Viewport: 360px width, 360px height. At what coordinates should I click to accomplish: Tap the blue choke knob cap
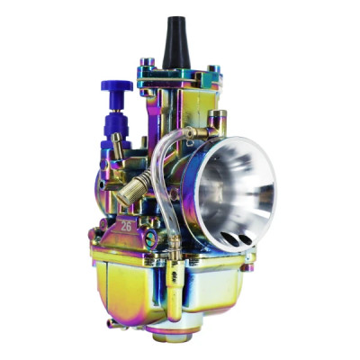117,86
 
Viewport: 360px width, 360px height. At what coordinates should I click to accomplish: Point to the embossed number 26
127,226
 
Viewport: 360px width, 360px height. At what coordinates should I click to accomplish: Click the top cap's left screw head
144,65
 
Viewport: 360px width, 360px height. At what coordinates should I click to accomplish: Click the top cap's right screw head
211,68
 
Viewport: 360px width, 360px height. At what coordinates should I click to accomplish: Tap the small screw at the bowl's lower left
109,320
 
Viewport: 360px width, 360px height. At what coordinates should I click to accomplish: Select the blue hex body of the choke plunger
118,121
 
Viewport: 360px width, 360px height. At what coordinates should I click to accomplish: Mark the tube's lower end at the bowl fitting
170,241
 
